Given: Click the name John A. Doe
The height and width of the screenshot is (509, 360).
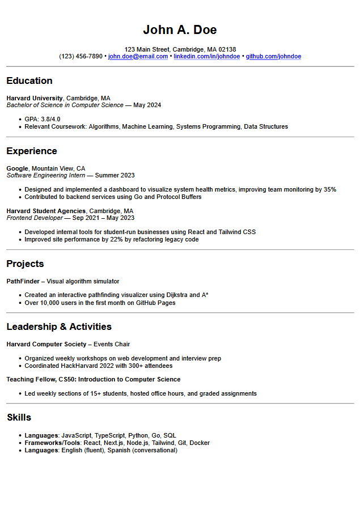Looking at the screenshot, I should point(180,30).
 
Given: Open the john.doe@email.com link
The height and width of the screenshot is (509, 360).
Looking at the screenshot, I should point(138,57).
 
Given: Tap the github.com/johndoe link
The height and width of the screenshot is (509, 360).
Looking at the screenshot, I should point(273,57).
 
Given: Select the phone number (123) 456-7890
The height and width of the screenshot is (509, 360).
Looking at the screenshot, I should point(81,57).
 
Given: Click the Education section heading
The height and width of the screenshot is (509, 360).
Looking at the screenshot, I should point(29,80).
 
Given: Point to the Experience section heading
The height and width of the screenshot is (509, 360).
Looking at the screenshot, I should point(32,151).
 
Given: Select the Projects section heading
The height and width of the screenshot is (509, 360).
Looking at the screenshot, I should point(25,264).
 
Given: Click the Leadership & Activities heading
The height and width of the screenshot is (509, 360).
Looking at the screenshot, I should point(59,326).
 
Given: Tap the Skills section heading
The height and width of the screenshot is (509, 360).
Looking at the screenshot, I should point(19,417).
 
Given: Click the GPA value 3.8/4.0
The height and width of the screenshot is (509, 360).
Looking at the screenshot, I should point(50,119).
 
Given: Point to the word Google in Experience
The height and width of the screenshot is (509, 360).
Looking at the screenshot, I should point(17,168).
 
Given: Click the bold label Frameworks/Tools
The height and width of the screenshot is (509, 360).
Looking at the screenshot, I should point(52,443).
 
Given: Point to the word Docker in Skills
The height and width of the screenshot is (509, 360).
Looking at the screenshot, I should point(200,443).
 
